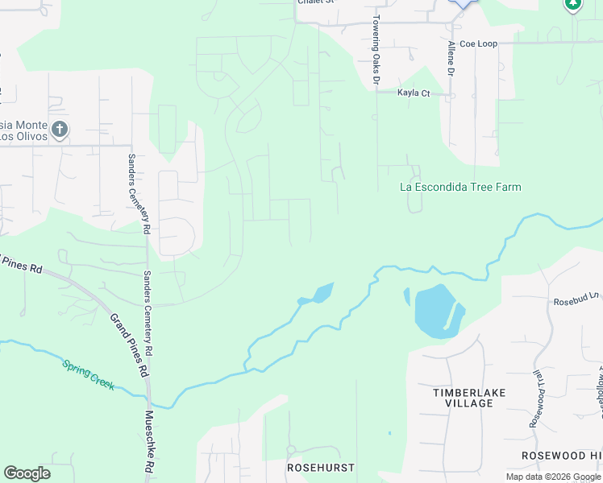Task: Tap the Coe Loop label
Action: tap(479, 43)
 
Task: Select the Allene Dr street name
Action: tap(451, 60)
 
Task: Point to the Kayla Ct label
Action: tap(414, 93)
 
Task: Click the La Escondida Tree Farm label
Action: tap(460, 187)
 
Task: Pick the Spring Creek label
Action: tap(89, 376)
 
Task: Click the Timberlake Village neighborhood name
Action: tap(463, 398)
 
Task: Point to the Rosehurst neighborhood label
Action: tap(321, 467)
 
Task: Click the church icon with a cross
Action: tap(59, 129)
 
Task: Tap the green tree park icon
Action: tap(572, 4)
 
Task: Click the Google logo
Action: tap(27, 473)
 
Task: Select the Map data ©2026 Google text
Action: tap(552, 477)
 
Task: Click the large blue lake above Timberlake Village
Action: tap(435, 310)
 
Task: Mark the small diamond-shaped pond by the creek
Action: tap(318, 294)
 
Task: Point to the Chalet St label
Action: tap(315, 2)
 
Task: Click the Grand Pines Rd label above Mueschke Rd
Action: tap(129, 346)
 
